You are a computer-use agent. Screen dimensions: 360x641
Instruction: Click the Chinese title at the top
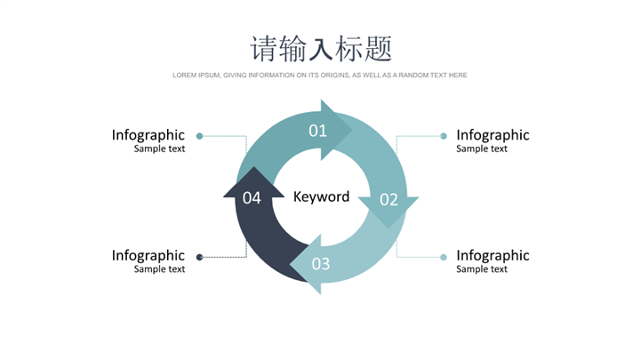coord(320,47)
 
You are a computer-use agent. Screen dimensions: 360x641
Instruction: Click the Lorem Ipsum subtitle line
coord(320,76)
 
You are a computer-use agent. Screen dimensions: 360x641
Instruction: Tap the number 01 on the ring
coord(317,131)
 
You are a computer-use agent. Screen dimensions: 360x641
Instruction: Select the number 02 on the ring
coord(389,199)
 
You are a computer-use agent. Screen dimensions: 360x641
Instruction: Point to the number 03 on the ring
coord(320,263)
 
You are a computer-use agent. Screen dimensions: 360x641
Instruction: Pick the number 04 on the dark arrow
coord(252,197)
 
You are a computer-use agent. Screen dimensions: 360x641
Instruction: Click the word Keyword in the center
coord(321,196)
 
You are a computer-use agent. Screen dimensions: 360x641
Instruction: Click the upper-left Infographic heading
coord(148,135)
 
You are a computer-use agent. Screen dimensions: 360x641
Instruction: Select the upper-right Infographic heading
coord(493,135)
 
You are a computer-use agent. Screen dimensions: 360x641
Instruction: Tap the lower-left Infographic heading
coord(148,256)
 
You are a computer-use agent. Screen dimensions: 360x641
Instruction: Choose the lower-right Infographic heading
coord(493,256)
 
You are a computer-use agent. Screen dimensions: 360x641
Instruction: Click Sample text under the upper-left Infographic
coord(160,149)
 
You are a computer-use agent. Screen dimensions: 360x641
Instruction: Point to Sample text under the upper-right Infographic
coord(482,149)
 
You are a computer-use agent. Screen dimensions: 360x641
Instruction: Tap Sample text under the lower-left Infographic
coord(160,269)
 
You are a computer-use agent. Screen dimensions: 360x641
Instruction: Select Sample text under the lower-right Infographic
coord(482,269)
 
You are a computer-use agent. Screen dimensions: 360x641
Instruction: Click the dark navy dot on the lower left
coord(199,257)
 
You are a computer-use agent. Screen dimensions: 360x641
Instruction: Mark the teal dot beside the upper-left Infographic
coord(199,136)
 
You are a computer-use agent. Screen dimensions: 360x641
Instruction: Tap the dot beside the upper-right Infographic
coord(443,136)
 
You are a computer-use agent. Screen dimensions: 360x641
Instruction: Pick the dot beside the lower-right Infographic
coord(443,257)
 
